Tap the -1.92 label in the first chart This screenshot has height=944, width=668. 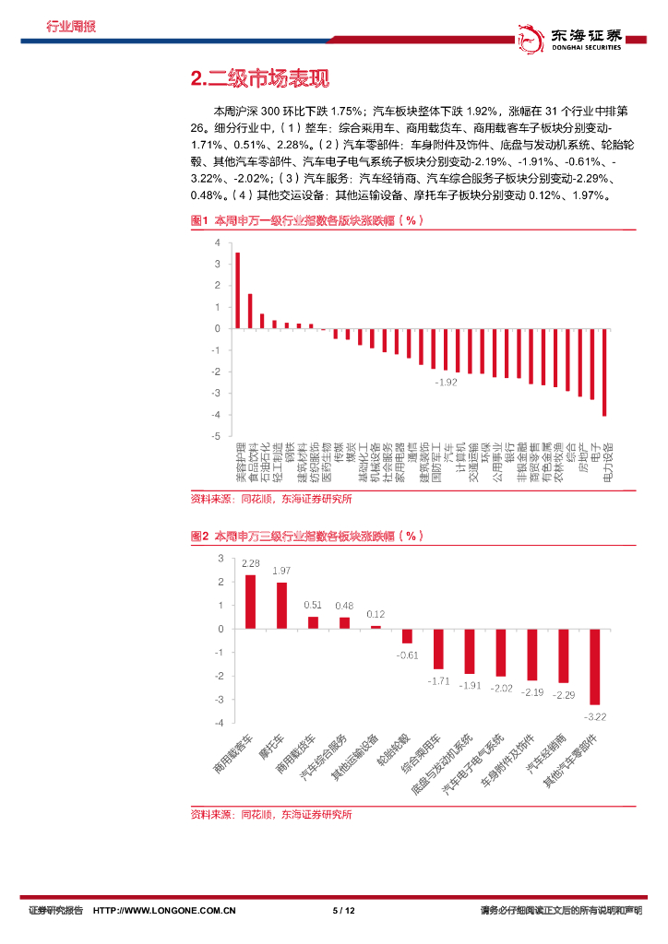(447, 382)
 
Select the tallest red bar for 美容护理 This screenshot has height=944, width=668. (237, 290)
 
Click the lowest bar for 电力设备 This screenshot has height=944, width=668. (604, 372)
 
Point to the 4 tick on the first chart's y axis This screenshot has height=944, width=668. (217, 242)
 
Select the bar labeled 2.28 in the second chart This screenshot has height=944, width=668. (250, 602)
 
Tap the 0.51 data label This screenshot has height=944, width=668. (313, 605)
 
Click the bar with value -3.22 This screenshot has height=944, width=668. (595, 667)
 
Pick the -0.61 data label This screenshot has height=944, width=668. (407, 655)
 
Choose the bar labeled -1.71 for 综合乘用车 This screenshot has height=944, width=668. (438, 649)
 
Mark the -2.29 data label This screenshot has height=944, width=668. (564, 694)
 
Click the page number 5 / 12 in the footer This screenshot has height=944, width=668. (343, 911)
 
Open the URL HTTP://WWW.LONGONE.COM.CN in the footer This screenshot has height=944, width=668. (166, 911)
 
